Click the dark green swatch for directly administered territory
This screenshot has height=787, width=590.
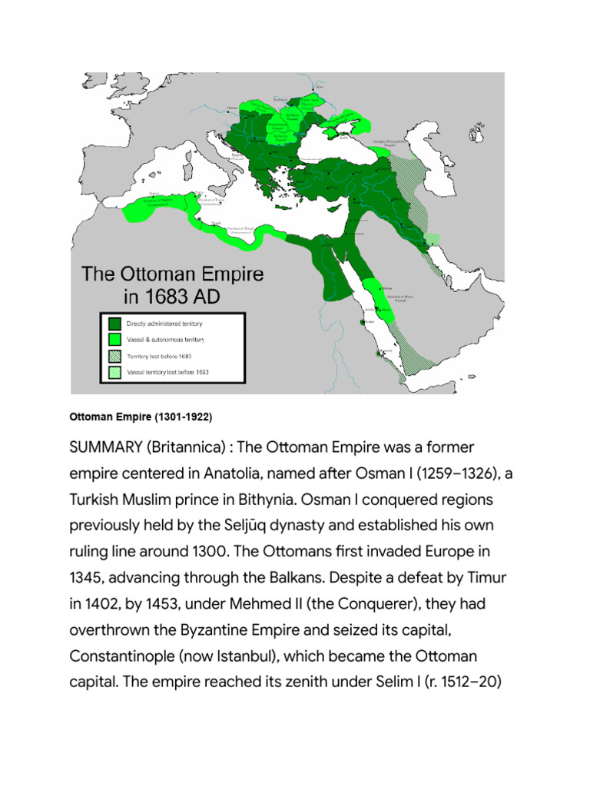pyautogui.click(x=114, y=323)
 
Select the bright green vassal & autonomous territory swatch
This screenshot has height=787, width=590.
pyautogui.click(x=114, y=339)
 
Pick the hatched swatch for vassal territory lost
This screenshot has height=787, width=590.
pyautogui.click(x=114, y=372)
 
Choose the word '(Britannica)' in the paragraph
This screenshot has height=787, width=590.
pyautogui.click(x=195, y=447)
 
